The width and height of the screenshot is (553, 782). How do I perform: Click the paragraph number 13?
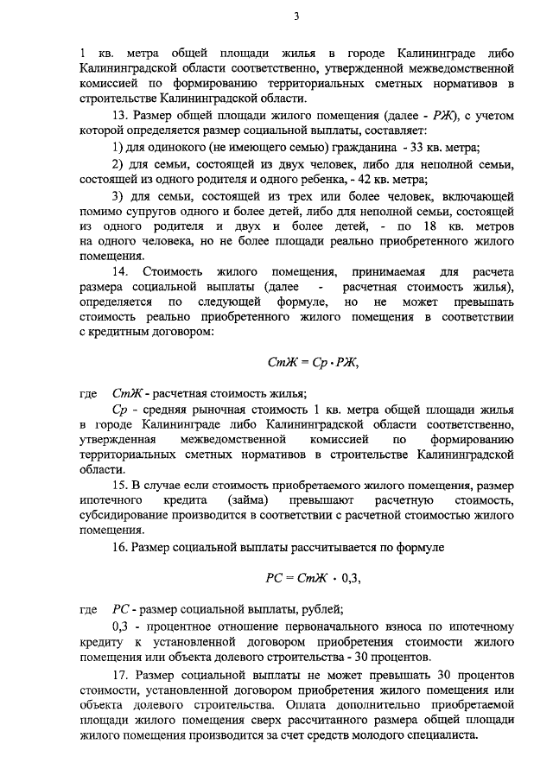click(x=120, y=115)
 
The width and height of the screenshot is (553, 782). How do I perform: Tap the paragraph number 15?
click(x=120, y=485)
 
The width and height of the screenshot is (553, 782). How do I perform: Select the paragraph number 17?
click(x=120, y=674)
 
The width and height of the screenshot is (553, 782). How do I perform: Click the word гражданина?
click(x=340, y=148)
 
